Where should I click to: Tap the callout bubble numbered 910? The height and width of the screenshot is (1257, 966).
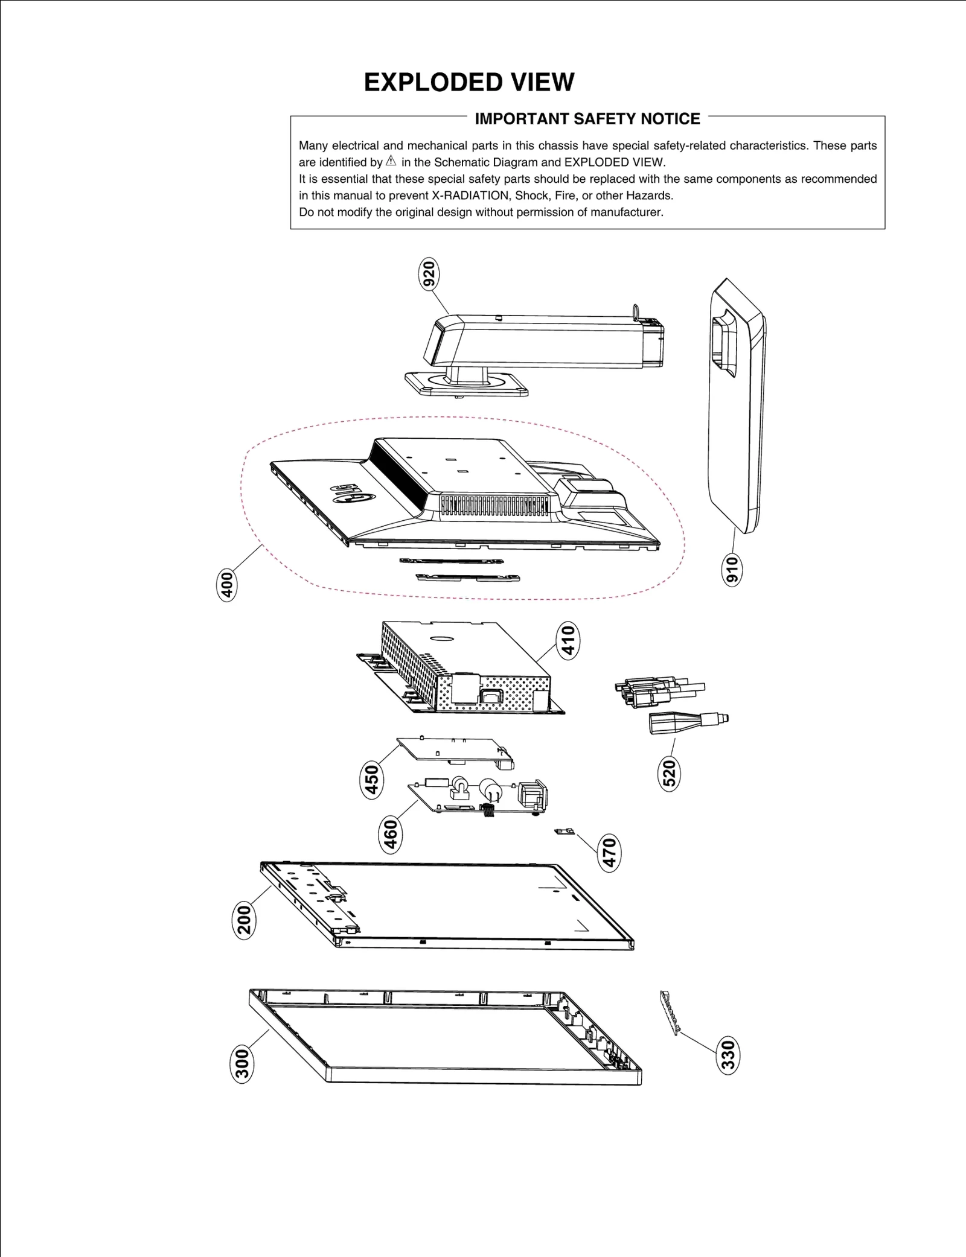732,569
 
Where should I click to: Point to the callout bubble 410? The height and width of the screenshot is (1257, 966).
568,641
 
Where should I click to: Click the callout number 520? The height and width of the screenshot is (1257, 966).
669,772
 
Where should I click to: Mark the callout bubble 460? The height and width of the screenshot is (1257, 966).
391,833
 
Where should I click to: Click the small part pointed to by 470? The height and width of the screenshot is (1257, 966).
565,832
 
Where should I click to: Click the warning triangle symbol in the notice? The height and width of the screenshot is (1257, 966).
391,161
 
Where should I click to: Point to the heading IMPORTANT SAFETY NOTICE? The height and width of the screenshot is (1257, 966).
587,119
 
